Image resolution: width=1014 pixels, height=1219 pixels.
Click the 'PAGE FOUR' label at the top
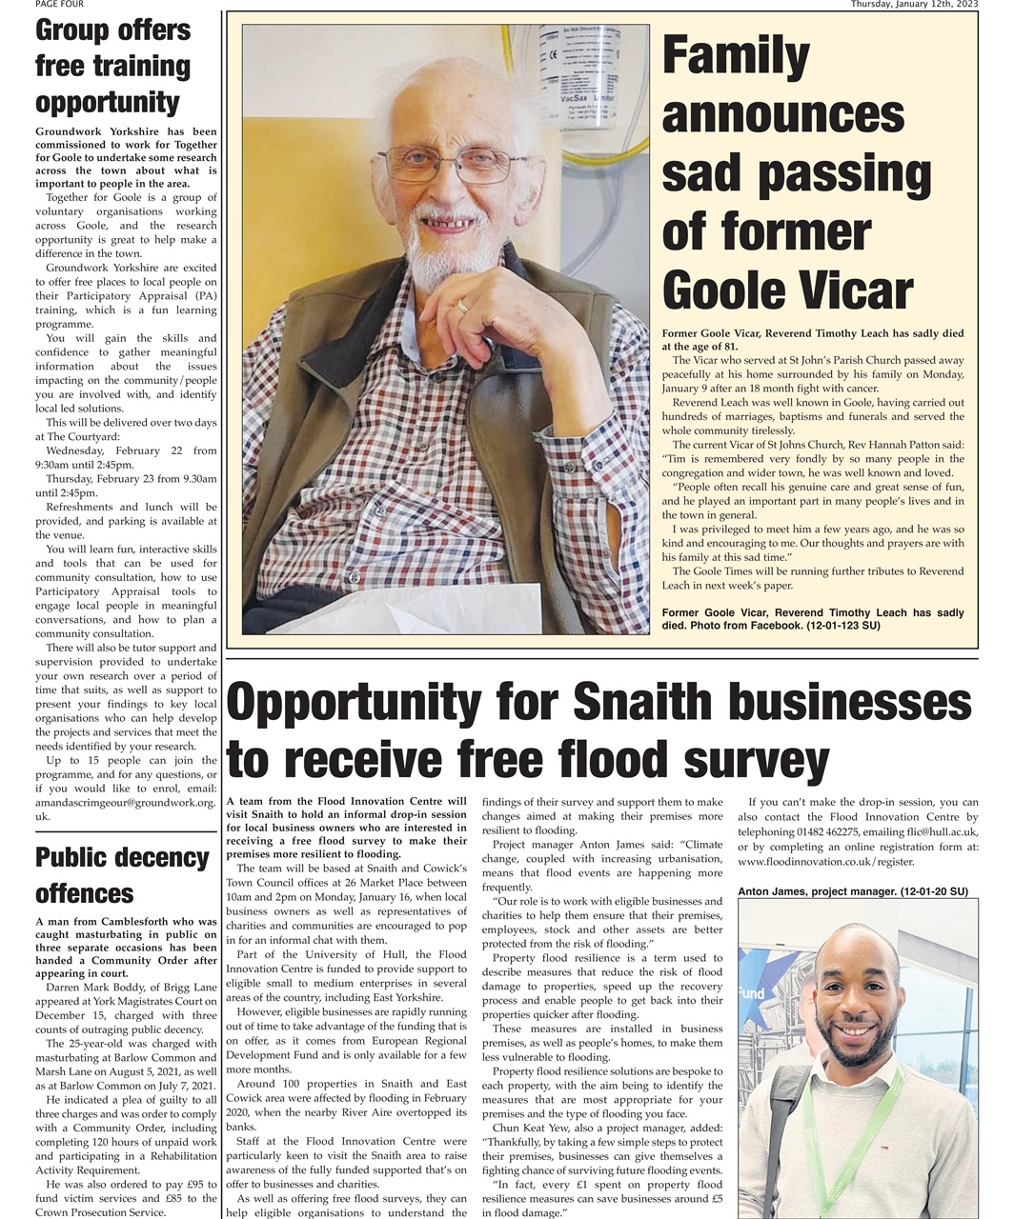[x=59, y=5]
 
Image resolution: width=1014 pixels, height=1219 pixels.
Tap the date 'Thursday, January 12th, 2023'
[x=915, y=5]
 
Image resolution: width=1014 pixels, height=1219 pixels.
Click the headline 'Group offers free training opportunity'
[x=113, y=66]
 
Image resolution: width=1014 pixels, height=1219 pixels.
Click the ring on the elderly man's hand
[x=463, y=306]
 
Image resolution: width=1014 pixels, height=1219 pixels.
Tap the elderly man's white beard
[x=453, y=252]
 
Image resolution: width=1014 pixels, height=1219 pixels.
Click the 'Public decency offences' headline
[x=122, y=875]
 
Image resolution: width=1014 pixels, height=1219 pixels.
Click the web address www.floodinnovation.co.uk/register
[x=825, y=862]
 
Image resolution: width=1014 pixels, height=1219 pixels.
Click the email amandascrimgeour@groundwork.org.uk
[x=125, y=803]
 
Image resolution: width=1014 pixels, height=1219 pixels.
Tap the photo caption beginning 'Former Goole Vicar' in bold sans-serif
[x=812, y=619]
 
